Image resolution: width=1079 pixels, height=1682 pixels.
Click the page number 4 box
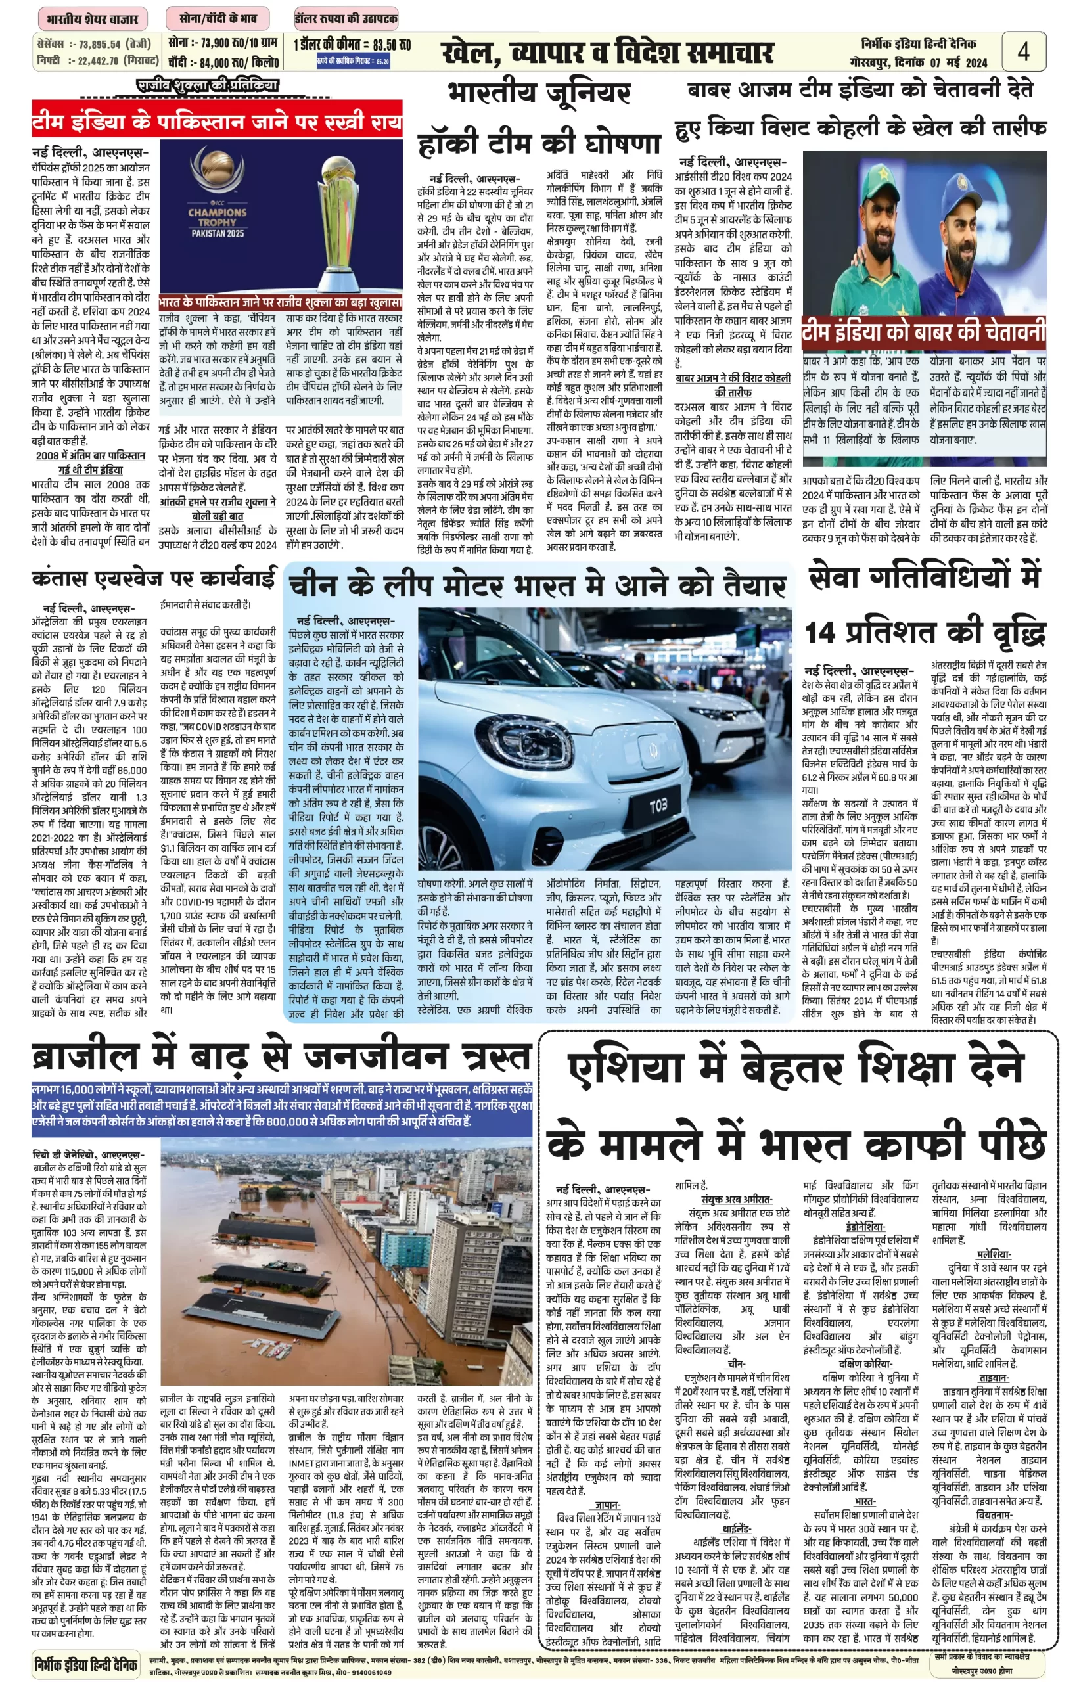(1024, 51)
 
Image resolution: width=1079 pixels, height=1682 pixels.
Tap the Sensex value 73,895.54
(99, 44)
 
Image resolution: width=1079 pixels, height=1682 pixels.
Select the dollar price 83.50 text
(392, 45)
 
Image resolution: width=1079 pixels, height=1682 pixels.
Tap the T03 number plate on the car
(657, 806)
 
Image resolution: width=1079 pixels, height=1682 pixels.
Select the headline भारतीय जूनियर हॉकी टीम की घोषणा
(539, 119)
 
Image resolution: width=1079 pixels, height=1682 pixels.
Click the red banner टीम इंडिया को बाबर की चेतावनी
(923, 332)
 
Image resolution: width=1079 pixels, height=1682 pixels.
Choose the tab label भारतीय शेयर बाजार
(93, 19)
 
